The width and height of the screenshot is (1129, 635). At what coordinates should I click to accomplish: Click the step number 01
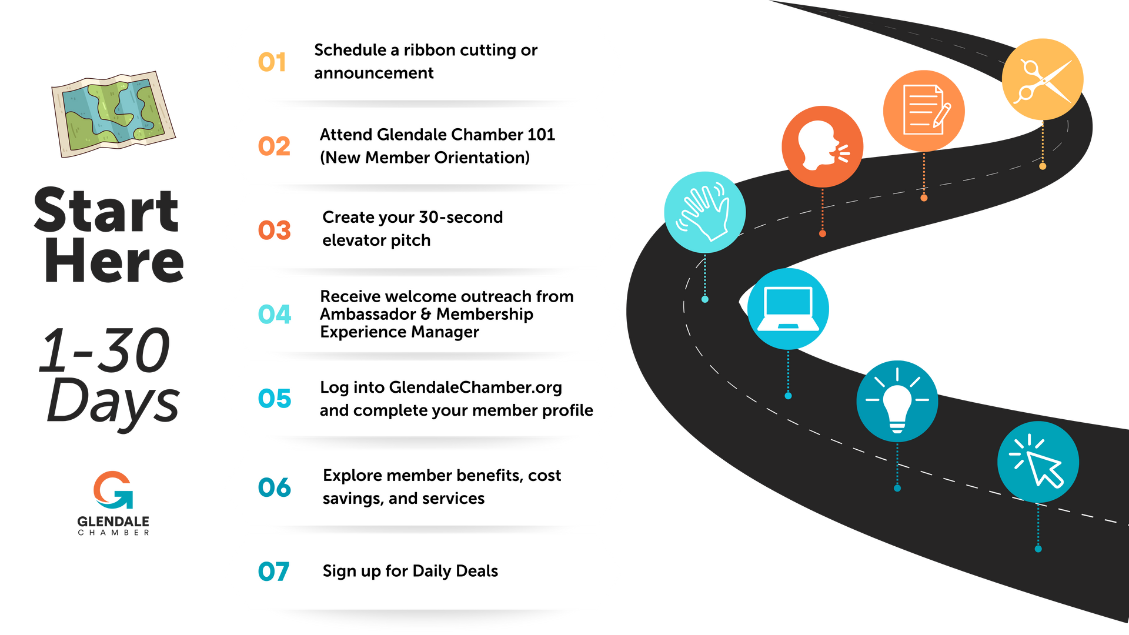click(272, 62)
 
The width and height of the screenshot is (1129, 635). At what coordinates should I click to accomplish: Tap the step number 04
click(275, 315)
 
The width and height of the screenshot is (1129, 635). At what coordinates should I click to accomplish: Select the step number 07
click(274, 571)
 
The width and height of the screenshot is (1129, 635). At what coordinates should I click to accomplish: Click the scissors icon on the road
click(1043, 79)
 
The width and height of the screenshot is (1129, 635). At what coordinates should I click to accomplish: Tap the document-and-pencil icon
click(924, 110)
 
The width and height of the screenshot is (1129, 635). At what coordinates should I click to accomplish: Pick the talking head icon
click(822, 146)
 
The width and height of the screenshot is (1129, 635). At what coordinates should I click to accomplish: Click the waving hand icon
click(704, 212)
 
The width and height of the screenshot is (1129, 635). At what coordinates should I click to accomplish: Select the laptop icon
click(788, 309)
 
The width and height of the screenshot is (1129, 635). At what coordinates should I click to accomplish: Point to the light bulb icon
click(897, 401)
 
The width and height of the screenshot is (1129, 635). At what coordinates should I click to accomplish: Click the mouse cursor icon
click(1038, 462)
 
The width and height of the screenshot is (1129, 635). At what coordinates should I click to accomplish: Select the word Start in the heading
click(106, 210)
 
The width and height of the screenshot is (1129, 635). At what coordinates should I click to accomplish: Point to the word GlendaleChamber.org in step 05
click(475, 387)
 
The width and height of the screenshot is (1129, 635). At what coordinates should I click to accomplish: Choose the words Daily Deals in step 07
click(455, 571)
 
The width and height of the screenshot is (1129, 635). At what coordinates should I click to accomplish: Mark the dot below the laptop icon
click(788, 396)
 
